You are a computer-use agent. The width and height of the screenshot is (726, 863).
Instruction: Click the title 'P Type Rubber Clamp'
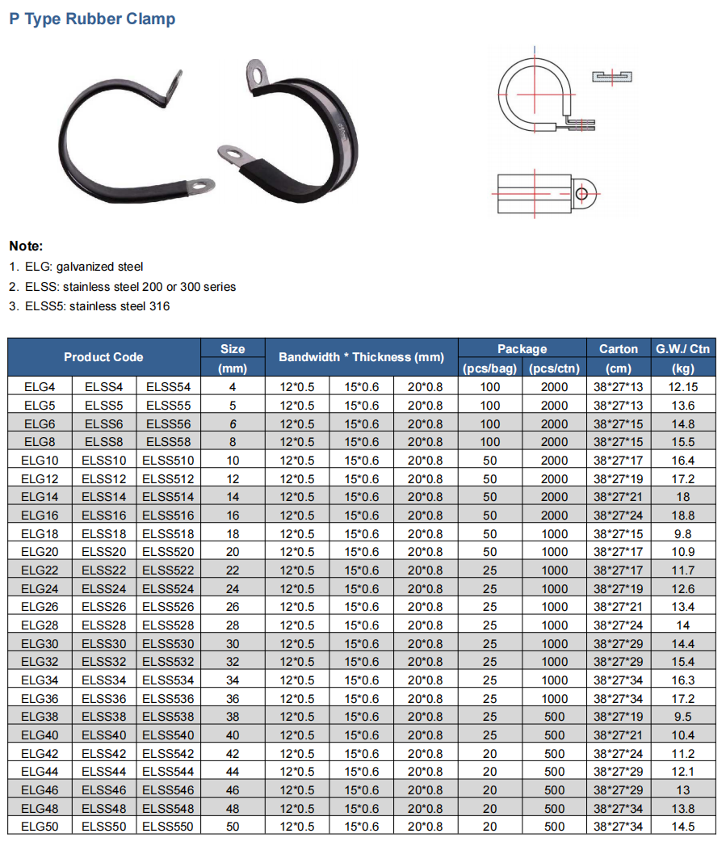click(x=92, y=19)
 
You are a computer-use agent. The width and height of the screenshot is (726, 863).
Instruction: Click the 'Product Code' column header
click(x=103, y=357)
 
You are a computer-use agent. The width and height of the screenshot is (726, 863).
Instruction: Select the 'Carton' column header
click(x=618, y=349)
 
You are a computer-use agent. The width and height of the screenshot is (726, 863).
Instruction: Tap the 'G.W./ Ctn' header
click(x=682, y=349)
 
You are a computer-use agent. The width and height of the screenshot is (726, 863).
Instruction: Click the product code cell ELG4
click(x=40, y=387)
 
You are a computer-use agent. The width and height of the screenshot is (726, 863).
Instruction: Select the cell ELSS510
click(x=168, y=461)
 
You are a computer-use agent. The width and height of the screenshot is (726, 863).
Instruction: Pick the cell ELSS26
click(x=104, y=607)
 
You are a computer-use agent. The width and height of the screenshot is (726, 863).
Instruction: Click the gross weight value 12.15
click(x=682, y=387)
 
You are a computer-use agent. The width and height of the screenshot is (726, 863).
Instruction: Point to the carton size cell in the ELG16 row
click(x=618, y=516)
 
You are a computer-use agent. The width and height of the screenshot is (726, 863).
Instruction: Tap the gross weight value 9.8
click(x=682, y=534)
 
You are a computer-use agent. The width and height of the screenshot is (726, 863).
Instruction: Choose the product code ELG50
click(x=40, y=827)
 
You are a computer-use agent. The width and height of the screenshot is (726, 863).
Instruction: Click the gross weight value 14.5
click(x=682, y=827)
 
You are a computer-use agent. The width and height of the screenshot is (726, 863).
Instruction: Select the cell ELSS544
click(x=168, y=772)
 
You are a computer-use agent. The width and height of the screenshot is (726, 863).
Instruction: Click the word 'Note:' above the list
click(x=26, y=246)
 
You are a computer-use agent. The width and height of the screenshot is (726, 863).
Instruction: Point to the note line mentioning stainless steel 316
click(x=90, y=306)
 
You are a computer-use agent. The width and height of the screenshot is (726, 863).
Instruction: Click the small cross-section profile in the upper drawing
click(x=613, y=77)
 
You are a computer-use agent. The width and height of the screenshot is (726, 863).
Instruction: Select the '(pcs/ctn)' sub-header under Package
click(x=554, y=368)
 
